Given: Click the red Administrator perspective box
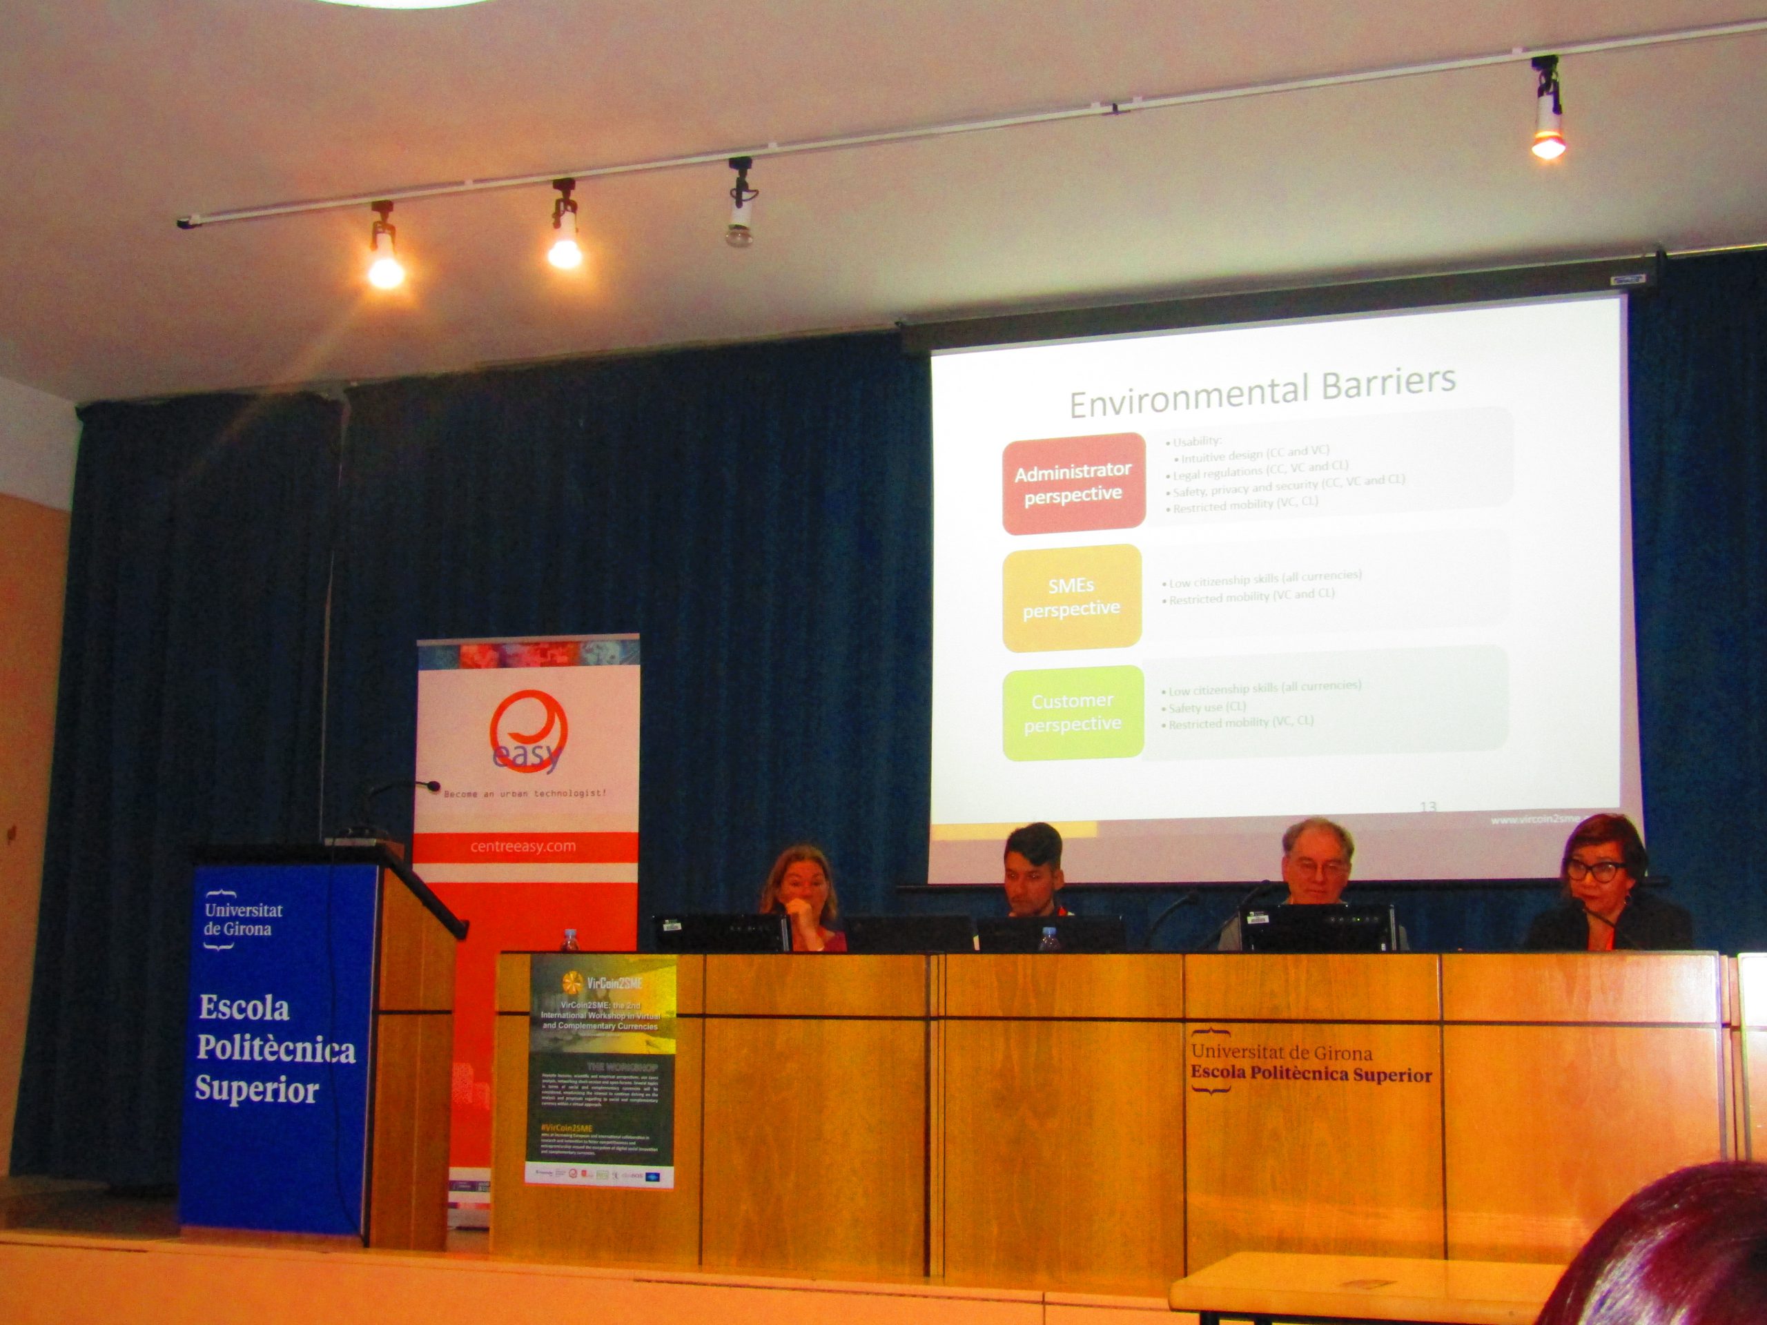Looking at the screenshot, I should click(x=1073, y=482).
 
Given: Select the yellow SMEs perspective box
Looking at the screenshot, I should click(x=1071, y=598).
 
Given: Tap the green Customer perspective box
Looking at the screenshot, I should click(x=1073, y=712).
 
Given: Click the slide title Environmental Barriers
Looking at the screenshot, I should click(x=1262, y=392).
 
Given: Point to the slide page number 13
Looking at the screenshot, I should click(x=1428, y=807).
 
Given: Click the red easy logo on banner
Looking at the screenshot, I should click(x=528, y=736).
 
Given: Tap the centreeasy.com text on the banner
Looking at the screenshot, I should click(x=523, y=847).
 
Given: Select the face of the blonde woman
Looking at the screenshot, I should click(x=801, y=887).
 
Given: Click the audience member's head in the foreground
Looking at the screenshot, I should click(x=1670, y=1254).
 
